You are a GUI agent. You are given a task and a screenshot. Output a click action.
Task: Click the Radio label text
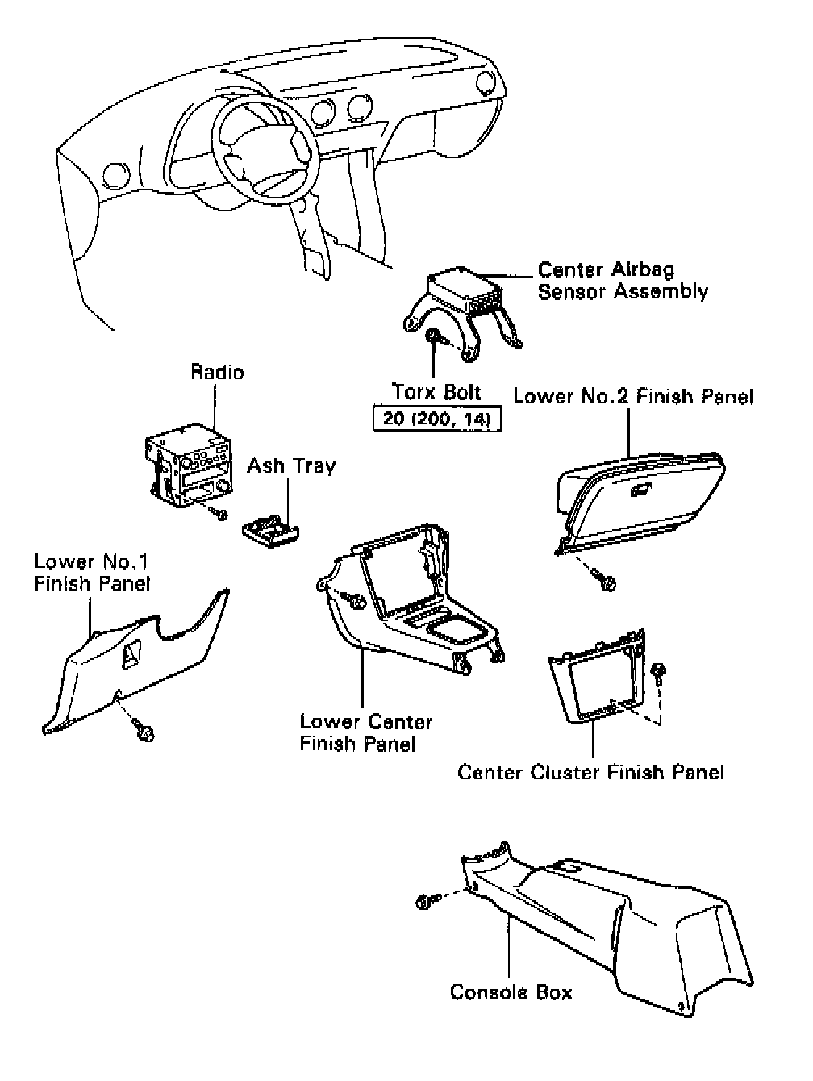[217, 372]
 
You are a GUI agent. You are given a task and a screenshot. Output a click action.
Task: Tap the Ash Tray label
[291, 465]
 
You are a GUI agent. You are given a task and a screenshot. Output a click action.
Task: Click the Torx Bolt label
[436, 392]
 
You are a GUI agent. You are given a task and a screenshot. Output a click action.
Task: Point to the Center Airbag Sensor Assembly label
[623, 280]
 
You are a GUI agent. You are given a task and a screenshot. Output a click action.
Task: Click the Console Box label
[511, 991]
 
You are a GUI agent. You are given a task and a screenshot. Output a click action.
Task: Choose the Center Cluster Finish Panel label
[590, 772]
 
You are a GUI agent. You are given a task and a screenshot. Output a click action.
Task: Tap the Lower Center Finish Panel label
[365, 732]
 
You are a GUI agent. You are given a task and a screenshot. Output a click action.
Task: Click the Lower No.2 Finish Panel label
[633, 396]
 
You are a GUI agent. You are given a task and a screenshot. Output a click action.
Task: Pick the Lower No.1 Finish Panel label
[92, 572]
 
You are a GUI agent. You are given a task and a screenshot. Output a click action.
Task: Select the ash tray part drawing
[270, 528]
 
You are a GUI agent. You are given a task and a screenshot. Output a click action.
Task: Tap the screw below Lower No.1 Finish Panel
[145, 731]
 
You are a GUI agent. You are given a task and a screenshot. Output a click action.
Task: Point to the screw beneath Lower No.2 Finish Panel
[606, 578]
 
